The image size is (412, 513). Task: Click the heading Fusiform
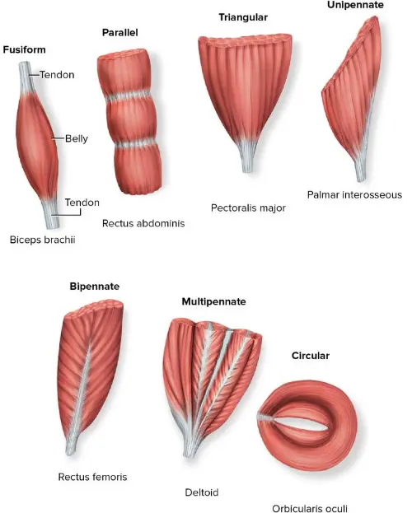25,49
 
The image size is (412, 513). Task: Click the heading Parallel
119,33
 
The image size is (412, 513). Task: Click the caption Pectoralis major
248,208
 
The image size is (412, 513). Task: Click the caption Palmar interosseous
354,195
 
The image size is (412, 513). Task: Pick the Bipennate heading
95,287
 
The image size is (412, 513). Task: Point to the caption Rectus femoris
92,477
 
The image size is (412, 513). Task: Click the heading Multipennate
213,302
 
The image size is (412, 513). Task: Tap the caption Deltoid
202,493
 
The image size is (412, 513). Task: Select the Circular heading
311,356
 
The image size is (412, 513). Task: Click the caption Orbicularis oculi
310,508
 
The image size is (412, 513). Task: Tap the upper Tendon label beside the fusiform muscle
57,75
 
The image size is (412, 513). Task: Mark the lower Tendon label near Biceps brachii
82,203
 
